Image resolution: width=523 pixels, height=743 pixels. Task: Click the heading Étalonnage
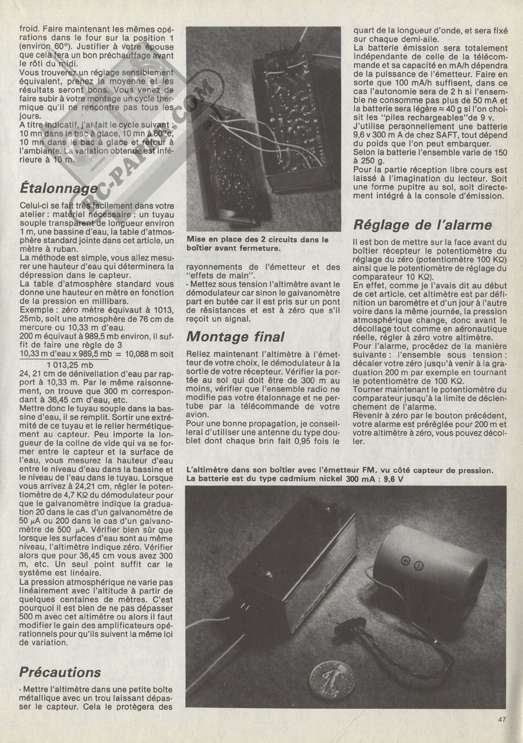59,187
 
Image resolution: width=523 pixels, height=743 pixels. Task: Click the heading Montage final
235,337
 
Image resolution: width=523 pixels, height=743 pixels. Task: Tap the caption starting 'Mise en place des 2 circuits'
257,244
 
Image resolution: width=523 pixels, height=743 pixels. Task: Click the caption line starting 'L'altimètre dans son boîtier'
338,470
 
